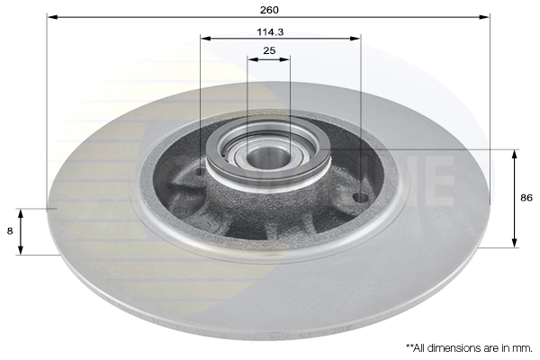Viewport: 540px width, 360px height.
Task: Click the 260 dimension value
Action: [x=269, y=9]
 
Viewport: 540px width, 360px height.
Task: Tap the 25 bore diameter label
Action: [x=269, y=51]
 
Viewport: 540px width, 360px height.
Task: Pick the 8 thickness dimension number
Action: [x=10, y=231]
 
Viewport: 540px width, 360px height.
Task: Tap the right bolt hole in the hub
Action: [x=360, y=197]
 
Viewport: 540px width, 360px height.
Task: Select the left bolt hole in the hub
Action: [x=200, y=170]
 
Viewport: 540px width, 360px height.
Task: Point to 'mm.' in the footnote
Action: [x=523, y=346]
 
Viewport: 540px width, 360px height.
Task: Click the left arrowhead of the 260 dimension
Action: [x=51, y=16]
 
